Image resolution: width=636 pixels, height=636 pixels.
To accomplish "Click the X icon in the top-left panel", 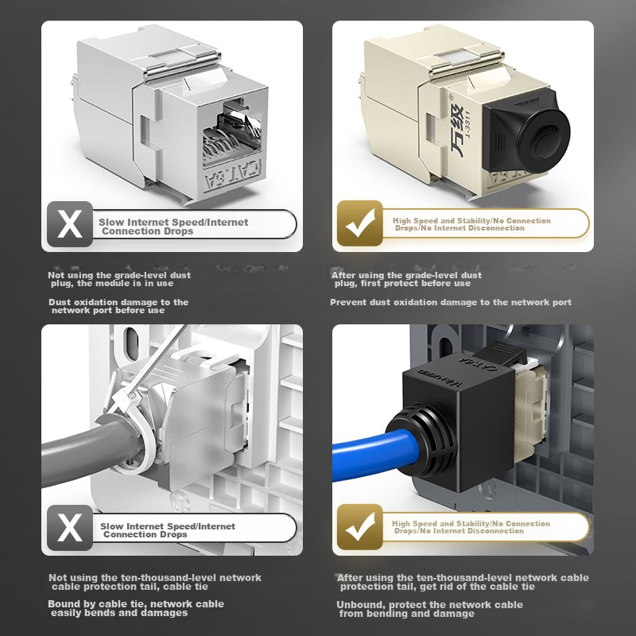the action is tap(70, 224).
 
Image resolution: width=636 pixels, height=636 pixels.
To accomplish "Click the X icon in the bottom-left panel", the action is tap(70, 528).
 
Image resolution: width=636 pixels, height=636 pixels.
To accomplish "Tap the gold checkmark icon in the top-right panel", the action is tap(360, 223).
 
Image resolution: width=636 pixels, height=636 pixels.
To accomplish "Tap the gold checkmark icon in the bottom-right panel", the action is tap(360, 527).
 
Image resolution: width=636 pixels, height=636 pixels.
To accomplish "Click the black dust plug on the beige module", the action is tap(526, 132).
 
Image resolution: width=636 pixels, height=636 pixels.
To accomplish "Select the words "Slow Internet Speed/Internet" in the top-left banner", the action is tap(173, 223).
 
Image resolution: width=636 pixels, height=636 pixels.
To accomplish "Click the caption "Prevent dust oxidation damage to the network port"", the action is tap(451, 302).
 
